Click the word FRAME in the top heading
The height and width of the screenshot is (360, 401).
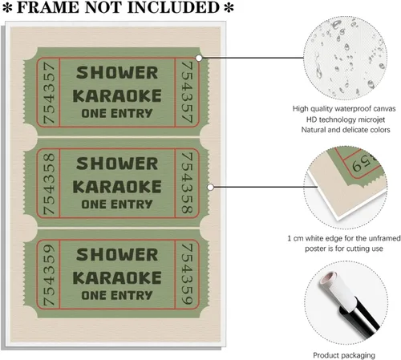tap(48, 7)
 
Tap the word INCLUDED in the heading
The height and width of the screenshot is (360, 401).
tap(173, 7)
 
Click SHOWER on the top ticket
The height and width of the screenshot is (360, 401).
tap(117, 73)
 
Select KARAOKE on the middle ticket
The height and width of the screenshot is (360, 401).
tap(117, 187)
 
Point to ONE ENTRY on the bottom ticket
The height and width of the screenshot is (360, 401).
tap(117, 295)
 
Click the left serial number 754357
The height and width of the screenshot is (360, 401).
tap(49, 92)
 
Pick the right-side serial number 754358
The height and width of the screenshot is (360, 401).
tap(187, 183)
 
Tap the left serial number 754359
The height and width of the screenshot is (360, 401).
tap(49, 274)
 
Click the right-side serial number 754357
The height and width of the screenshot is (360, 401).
tap(187, 92)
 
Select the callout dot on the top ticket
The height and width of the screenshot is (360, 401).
tap(199, 58)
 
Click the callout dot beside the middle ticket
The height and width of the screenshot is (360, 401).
tap(211, 188)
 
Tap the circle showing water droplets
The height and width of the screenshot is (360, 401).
tap(345, 58)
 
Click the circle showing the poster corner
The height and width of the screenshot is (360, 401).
tap(345, 188)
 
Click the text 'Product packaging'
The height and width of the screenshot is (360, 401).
tap(344, 355)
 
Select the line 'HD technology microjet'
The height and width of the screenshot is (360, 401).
tap(346, 119)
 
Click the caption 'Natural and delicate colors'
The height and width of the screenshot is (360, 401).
tap(346, 130)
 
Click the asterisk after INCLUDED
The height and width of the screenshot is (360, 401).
tap(229, 8)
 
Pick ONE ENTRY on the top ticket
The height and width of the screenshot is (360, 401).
tap(117, 113)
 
